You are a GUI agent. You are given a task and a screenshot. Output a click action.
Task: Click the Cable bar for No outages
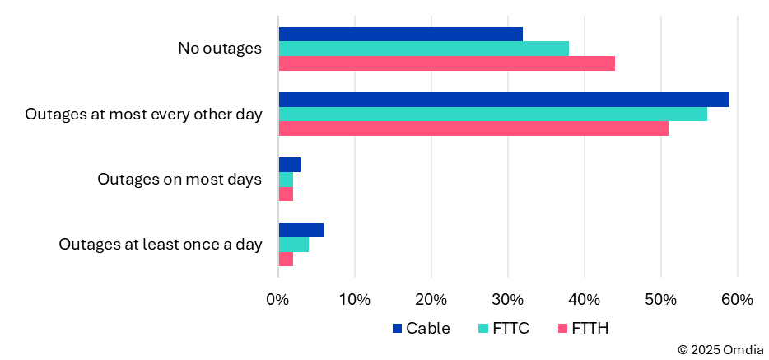(x=400, y=34)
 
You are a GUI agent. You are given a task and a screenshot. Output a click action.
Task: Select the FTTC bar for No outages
(x=423, y=49)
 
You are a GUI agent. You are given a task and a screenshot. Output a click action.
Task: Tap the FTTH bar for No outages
(x=446, y=63)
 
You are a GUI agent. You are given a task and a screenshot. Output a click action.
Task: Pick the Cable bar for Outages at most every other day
(x=504, y=100)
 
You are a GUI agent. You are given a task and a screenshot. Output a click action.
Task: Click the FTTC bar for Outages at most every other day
(x=492, y=114)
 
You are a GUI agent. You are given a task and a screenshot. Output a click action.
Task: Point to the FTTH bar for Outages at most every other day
(x=473, y=129)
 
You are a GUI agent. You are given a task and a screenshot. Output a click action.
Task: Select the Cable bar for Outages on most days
(x=290, y=165)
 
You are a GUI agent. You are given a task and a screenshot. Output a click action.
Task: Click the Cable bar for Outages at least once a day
(x=301, y=230)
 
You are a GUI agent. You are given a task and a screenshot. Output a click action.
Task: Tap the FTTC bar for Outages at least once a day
(x=294, y=245)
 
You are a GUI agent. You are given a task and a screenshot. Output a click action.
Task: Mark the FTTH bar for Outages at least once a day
(x=287, y=259)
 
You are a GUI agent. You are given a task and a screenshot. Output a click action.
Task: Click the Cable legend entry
(x=421, y=329)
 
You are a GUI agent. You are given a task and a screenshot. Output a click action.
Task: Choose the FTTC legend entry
(x=504, y=329)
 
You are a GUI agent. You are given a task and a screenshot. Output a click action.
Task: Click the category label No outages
(x=220, y=49)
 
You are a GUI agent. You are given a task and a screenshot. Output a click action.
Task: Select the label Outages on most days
(x=179, y=179)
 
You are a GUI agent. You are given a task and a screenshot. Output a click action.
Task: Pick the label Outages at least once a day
(x=161, y=245)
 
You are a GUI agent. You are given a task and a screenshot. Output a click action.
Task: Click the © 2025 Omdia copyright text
(x=720, y=350)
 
